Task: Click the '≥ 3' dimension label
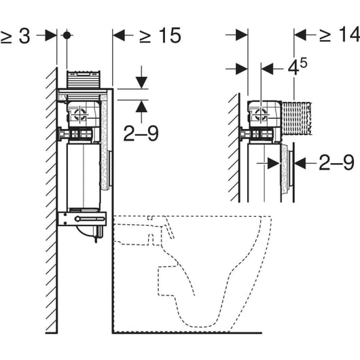[x=15, y=36]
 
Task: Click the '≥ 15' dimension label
[x=160, y=35]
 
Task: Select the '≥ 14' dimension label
[x=340, y=35]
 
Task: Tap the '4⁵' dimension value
[x=298, y=67]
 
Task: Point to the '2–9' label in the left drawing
[x=141, y=133]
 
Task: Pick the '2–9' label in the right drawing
[x=337, y=162]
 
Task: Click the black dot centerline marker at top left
[x=67, y=35]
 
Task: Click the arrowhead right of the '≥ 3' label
[x=51, y=35]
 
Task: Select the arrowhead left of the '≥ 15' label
[x=119, y=35]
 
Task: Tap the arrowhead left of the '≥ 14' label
[x=300, y=35]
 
